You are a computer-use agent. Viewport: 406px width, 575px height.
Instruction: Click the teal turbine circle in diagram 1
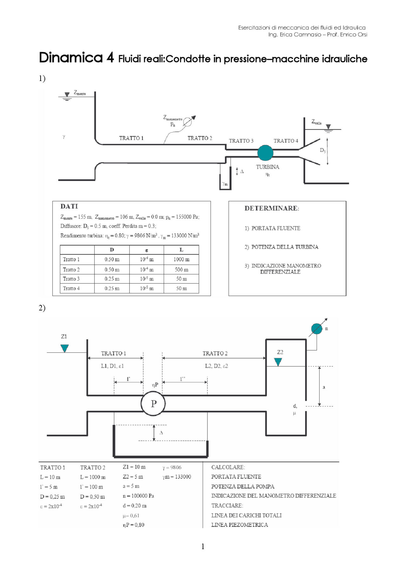point(265,153)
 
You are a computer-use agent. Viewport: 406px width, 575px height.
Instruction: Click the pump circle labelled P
point(153,404)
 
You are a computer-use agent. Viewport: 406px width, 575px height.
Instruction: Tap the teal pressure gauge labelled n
point(316,329)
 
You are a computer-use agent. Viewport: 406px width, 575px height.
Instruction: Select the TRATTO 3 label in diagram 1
point(241,141)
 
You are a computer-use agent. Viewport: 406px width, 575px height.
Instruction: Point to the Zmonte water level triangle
point(67,95)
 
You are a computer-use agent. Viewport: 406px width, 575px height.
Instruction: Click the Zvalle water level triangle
point(328,127)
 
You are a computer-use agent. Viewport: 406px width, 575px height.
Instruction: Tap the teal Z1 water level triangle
point(65,348)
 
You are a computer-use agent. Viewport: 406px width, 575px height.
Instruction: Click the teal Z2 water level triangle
point(278,362)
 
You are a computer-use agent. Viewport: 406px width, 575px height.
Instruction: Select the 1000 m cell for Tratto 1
point(181,259)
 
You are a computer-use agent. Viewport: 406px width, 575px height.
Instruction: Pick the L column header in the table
point(181,250)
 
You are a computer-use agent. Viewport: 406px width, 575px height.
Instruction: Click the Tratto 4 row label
point(71,288)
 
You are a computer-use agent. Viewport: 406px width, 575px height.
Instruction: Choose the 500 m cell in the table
point(181,270)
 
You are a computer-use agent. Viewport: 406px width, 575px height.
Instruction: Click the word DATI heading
point(69,206)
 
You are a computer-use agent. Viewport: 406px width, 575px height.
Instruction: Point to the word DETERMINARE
point(272,208)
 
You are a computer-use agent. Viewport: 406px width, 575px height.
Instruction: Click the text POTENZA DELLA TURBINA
point(285,247)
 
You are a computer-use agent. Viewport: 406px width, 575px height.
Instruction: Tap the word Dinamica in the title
point(71,58)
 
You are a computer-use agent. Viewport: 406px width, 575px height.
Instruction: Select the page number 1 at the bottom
point(203,546)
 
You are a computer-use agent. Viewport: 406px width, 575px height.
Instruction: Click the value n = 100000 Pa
point(138,496)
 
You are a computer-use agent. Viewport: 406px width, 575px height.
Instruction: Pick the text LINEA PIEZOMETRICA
point(239,525)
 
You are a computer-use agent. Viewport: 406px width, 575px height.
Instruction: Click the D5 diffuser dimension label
point(323,150)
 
